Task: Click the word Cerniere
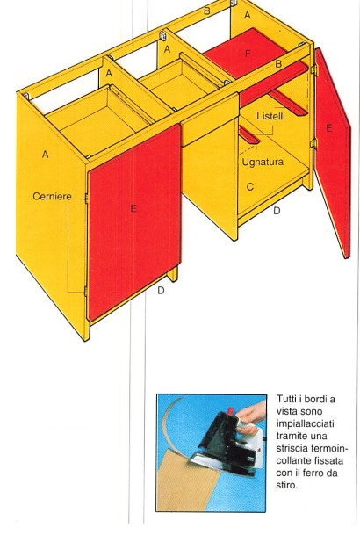[52, 197]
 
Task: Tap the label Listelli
[270, 116]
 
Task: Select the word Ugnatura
[263, 162]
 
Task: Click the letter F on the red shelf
[248, 54]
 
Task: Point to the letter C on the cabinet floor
[250, 187]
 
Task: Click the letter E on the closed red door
[133, 208]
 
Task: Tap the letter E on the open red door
[329, 128]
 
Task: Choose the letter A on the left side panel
[46, 155]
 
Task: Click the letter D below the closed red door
[161, 291]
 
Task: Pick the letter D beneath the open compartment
[277, 211]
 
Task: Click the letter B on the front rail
[278, 64]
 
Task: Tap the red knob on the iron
[231, 410]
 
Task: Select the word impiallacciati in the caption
[305, 423]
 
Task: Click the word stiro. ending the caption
[287, 485]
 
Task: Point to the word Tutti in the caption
[285, 399]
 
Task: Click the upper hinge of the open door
[313, 69]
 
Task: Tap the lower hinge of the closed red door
[85, 291]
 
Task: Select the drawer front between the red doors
[209, 119]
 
